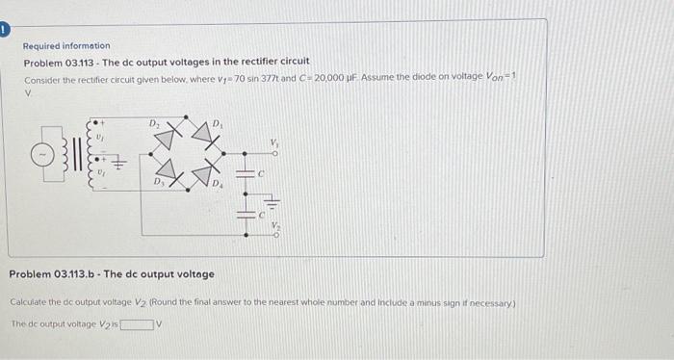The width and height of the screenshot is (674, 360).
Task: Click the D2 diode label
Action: point(152,123)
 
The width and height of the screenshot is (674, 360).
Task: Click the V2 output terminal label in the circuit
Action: point(274,228)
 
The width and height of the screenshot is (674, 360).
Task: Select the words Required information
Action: point(66,45)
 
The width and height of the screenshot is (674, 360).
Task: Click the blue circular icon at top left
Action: point(4,30)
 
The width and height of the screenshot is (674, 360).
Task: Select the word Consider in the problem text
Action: point(41,76)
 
